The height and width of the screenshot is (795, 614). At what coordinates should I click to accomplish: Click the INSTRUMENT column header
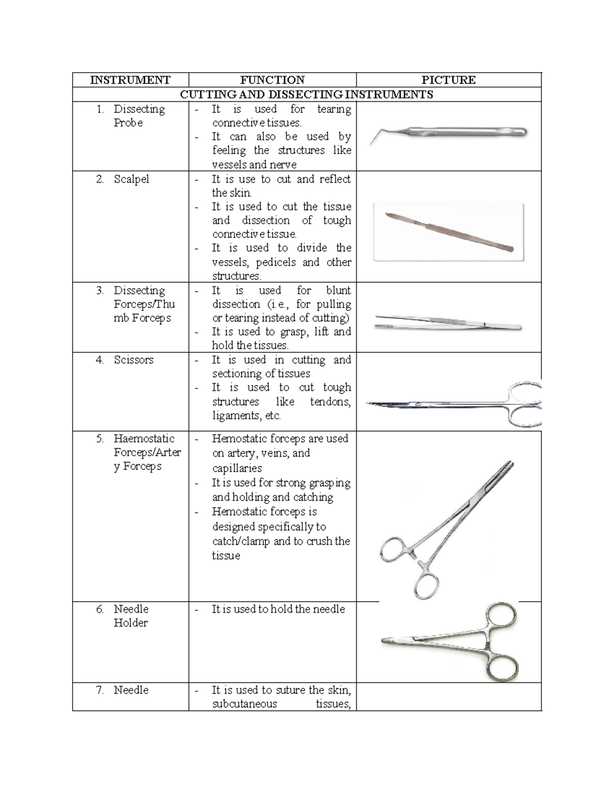pyautogui.click(x=130, y=80)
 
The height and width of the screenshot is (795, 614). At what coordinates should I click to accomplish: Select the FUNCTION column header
pyautogui.click(x=272, y=80)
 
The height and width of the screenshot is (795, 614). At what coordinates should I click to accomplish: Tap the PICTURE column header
pyautogui.click(x=448, y=80)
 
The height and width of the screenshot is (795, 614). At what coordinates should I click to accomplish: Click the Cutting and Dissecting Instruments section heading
pyautogui.click(x=306, y=94)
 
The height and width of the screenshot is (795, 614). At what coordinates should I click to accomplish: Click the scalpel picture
pyautogui.click(x=449, y=232)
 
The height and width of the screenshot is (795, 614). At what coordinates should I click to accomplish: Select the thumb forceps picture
pyautogui.click(x=448, y=323)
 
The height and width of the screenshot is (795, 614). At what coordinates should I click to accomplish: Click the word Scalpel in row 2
pyautogui.click(x=131, y=179)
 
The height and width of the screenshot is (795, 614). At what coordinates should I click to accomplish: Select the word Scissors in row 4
pyautogui.click(x=134, y=360)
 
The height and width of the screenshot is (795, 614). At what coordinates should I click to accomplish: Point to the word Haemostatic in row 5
pyautogui.click(x=144, y=439)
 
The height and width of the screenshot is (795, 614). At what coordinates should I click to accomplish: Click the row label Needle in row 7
pyautogui.click(x=131, y=690)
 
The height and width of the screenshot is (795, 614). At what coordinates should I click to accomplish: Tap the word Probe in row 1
pyautogui.click(x=128, y=123)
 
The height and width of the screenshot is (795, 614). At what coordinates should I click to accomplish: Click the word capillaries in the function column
pyautogui.click(x=237, y=468)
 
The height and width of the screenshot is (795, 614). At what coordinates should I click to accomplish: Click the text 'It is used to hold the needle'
pyautogui.click(x=278, y=609)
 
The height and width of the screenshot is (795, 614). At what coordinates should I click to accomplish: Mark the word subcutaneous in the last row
pyautogui.click(x=245, y=704)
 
